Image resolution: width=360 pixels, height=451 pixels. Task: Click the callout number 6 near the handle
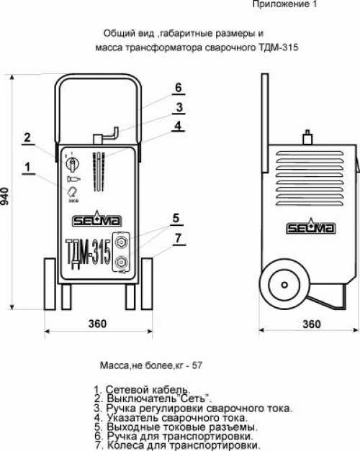pyautogui.click(x=179, y=88)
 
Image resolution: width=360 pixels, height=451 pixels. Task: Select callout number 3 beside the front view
pyautogui.click(x=179, y=107)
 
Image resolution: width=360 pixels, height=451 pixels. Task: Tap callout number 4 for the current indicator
pyautogui.click(x=178, y=125)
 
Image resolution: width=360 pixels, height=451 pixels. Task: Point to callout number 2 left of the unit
pyautogui.click(x=27, y=137)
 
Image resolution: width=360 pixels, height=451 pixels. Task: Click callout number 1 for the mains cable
pyautogui.click(x=27, y=167)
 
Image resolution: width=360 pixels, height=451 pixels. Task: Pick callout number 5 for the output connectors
pyautogui.click(x=176, y=218)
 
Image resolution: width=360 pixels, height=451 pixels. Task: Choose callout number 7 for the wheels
pyautogui.click(x=179, y=238)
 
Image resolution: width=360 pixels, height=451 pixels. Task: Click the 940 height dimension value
pyautogui.click(x=5, y=196)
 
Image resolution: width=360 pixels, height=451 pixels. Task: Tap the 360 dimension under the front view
pyautogui.click(x=97, y=324)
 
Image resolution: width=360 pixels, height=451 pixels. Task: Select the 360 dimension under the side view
pyautogui.click(x=312, y=324)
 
